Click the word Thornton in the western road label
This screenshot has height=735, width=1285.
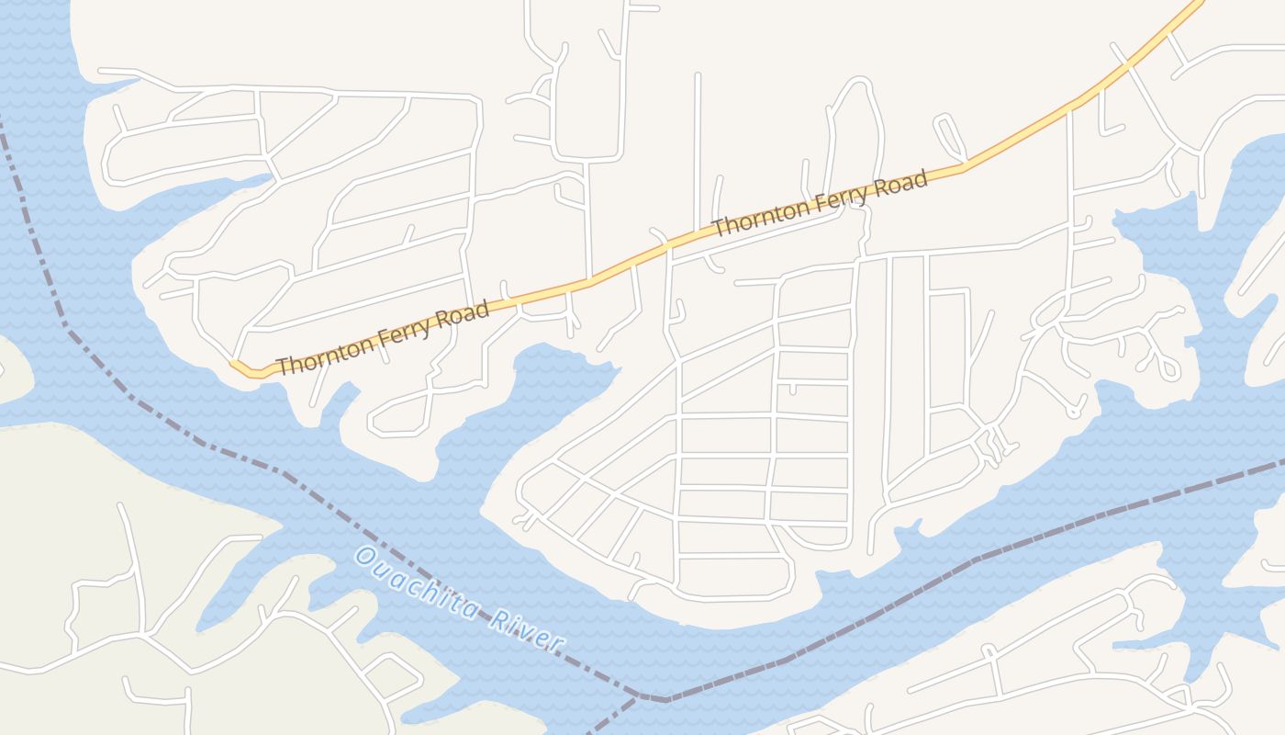coord(326,354)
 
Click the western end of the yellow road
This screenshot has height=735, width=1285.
coord(233,364)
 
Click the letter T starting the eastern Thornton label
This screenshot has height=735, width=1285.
coord(721,226)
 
